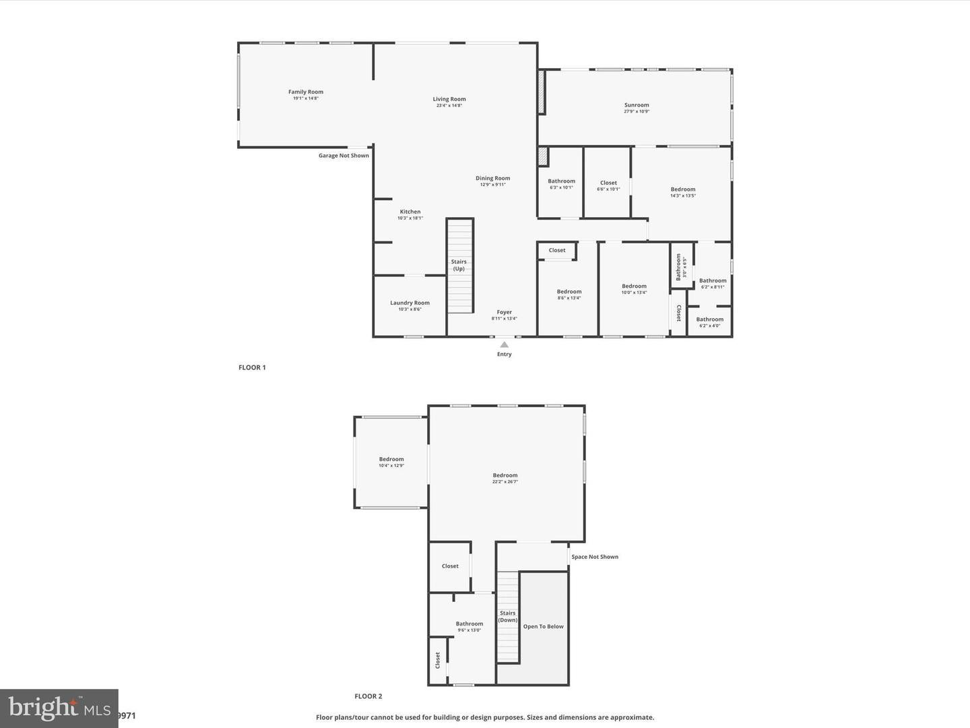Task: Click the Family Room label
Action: click(306, 92)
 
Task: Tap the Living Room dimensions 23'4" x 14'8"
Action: click(449, 106)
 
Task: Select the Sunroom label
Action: click(637, 105)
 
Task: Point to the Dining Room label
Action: click(492, 179)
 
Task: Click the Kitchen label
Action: click(410, 212)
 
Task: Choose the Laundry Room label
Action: click(410, 303)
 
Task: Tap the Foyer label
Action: click(505, 312)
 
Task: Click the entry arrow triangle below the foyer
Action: click(504, 344)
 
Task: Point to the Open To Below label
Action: click(543, 627)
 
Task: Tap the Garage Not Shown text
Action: click(344, 156)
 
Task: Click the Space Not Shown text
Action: click(595, 557)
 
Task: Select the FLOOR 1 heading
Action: click(252, 367)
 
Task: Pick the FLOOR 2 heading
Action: click(368, 696)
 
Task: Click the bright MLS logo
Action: click(59, 708)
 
